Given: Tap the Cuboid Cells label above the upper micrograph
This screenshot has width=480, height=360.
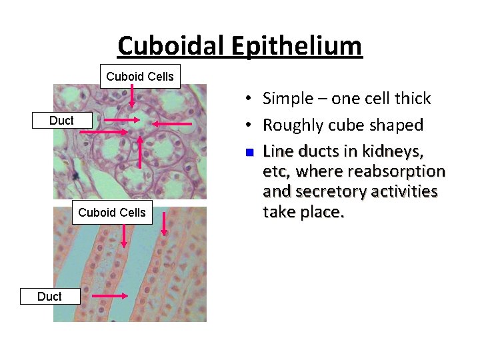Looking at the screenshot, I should coord(140,77).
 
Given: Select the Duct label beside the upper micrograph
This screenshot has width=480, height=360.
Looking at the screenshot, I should coord(62,121).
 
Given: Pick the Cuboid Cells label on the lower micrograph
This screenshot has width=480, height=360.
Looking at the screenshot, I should coord(112,213).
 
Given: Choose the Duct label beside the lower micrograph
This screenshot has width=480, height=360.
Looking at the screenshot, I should coord(50,297).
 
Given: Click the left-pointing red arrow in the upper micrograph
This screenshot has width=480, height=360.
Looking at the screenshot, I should coord(173,123).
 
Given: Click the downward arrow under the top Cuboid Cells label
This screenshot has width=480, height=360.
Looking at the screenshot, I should coord(132,96).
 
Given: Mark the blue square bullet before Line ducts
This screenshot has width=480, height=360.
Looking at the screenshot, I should coord(248,152).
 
